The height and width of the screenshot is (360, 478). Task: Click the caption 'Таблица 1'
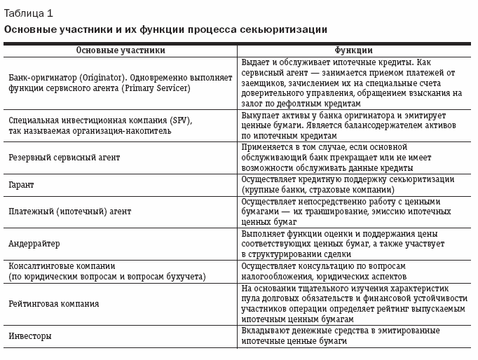coord(28,13)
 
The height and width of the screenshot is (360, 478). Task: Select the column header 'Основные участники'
coord(121,50)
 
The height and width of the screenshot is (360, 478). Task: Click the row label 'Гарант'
coord(21,185)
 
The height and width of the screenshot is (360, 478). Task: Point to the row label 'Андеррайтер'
coord(34,244)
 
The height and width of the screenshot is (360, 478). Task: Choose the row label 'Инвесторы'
coord(30,335)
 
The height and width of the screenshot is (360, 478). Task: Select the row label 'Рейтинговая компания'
coord(53,304)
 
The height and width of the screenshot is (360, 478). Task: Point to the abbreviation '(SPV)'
coord(180,120)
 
